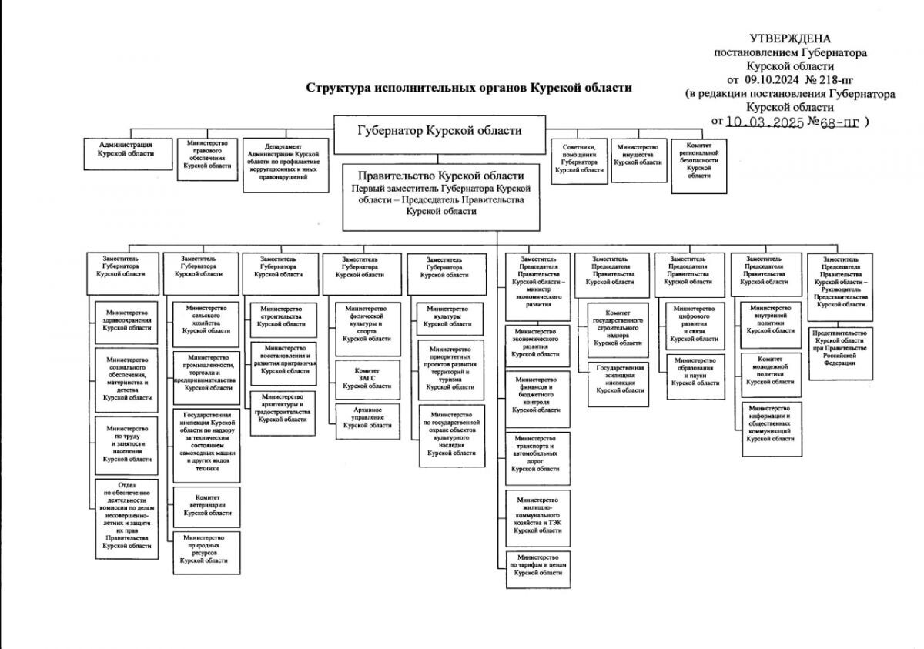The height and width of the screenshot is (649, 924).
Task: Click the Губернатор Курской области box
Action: (439, 131)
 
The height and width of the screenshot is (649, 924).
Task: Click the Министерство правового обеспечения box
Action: (206, 159)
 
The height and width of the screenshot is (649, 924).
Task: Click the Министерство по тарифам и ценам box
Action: (539, 569)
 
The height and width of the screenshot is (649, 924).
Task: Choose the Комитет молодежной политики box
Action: (770, 375)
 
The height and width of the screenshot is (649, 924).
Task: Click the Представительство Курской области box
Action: (839, 353)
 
